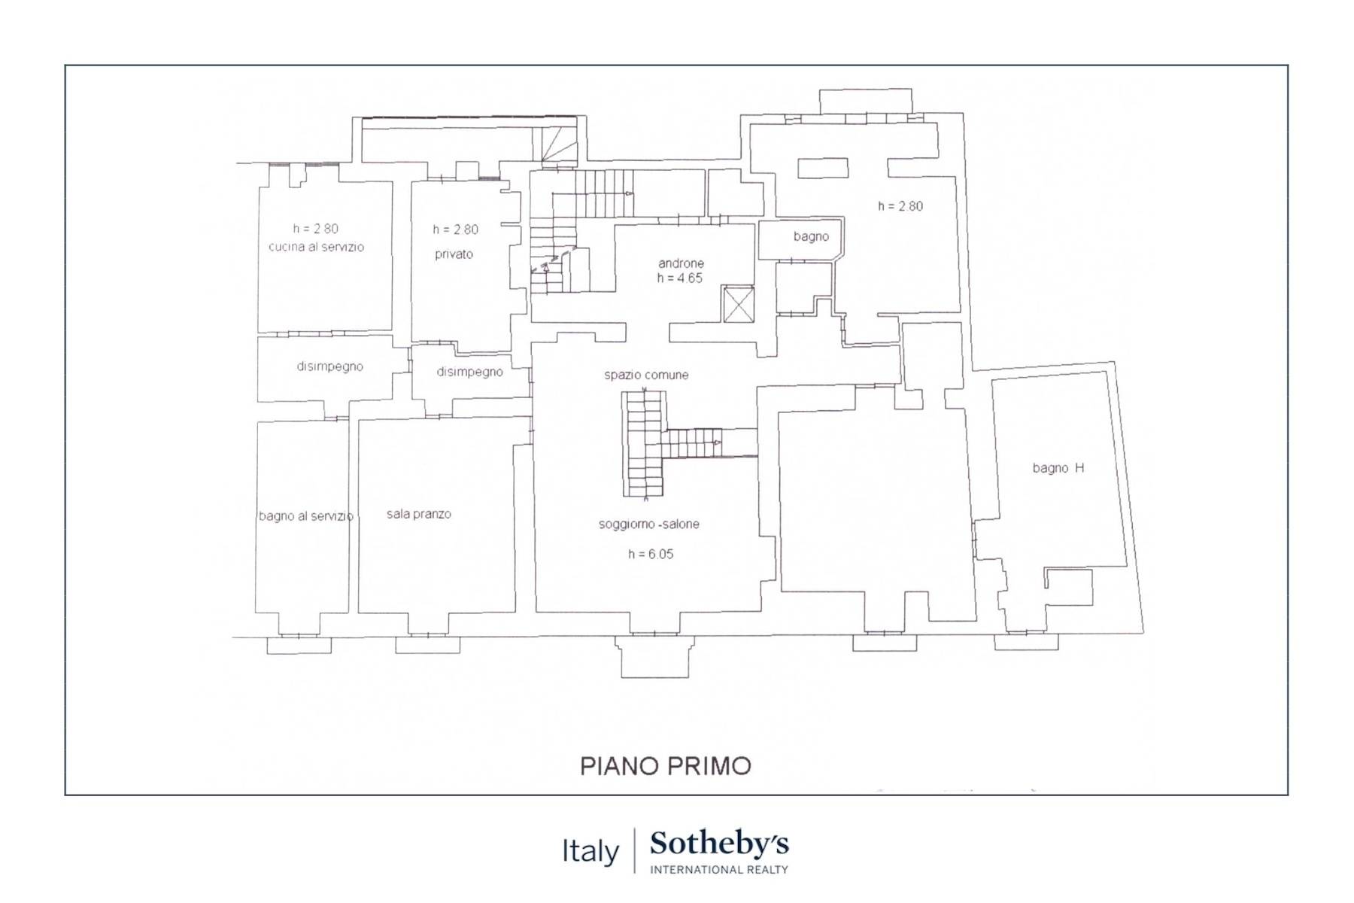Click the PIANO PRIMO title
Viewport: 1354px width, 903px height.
click(666, 766)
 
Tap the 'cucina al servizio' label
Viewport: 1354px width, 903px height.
click(316, 247)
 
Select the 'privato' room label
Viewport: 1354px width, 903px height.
click(454, 254)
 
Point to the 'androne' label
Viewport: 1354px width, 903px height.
click(681, 263)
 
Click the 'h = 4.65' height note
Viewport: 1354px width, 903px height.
click(680, 278)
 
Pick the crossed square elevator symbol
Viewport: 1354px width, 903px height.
click(738, 304)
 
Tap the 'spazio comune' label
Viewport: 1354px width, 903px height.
click(646, 375)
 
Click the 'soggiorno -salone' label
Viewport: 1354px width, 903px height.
click(648, 524)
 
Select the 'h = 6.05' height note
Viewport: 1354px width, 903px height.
click(651, 554)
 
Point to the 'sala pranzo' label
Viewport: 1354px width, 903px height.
click(419, 514)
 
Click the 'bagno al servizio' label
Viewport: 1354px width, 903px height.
click(305, 516)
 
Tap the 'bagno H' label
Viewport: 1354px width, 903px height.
click(1058, 468)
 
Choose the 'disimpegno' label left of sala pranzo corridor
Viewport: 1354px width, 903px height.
click(329, 366)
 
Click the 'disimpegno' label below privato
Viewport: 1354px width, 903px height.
click(469, 372)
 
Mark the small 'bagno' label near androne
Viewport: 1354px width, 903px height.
click(811, 236)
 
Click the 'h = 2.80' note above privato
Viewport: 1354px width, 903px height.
click(455, 230)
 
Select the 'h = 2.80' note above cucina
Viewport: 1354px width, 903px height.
click(316, 229)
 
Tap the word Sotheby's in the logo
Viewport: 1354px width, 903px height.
click(719, 844)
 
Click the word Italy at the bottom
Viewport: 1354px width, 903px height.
click(590, 852)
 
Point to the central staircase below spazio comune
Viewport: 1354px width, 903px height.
click(645, 444)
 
